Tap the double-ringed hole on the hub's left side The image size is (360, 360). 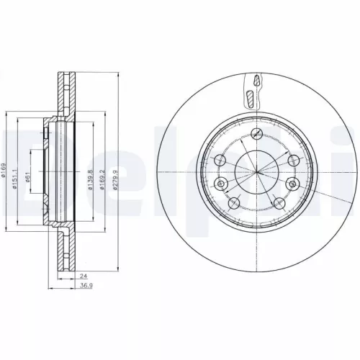click(220, 161)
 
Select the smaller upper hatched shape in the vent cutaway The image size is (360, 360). click(253, 79)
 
